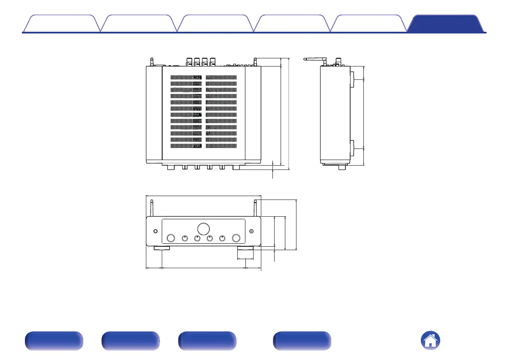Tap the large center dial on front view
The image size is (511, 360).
204,228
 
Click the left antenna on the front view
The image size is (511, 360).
151,209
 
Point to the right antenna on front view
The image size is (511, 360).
256,209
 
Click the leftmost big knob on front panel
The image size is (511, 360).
171,239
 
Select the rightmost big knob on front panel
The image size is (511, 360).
236,239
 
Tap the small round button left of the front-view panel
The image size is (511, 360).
155,232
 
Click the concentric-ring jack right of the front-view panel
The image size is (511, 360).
251,232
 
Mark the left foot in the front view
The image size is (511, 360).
162,248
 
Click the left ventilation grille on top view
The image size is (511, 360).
186,112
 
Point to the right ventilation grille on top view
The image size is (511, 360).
221,112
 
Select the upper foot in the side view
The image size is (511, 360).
352,79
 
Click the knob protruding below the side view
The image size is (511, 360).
342,167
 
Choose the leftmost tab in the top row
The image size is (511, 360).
61,24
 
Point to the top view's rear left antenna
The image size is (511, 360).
151,62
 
